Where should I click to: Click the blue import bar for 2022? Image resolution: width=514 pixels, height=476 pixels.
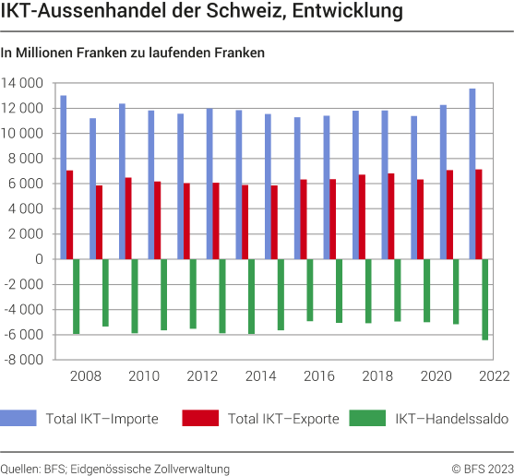point(472,173)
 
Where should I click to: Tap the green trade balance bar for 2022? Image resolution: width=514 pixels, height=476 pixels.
point(485,300)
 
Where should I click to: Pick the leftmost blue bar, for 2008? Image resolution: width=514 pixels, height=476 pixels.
point(63,177)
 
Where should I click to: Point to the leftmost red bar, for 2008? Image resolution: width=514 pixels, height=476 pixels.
point(69,215)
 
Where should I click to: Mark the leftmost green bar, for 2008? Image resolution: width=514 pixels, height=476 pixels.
point(76,296)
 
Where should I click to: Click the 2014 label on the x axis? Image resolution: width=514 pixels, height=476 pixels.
point(260,376)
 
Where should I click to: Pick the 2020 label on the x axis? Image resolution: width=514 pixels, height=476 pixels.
point(436,376)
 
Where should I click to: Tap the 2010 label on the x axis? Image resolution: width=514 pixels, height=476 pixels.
point(144,376)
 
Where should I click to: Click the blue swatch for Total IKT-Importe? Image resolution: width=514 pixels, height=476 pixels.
point(19,419)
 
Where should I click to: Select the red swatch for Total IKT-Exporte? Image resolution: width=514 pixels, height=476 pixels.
point(200,419)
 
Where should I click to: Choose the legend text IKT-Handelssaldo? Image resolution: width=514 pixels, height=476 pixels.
point(451,419)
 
